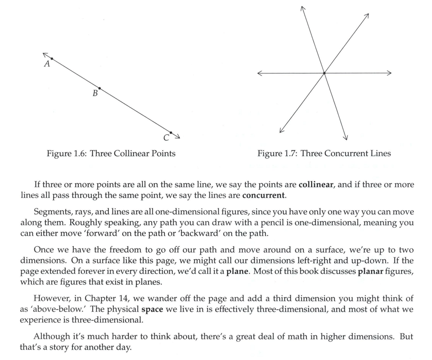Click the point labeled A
[x=52, y=59]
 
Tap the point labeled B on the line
[x=99, y=88]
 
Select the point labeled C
[x=171, y=133]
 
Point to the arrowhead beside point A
[x=45, y=54]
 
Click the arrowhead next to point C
[x=178, y=137]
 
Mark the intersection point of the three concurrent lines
[x=324, y=73]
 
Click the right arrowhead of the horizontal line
[x=389, y=73]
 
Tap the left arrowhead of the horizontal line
[x=260, y=73]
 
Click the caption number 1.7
[x=290, y=153]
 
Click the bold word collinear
[x=315, y=185]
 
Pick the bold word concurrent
[x=263, y=196]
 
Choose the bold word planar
[x=373, y=271]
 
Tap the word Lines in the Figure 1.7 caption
[x=381, y=153]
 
